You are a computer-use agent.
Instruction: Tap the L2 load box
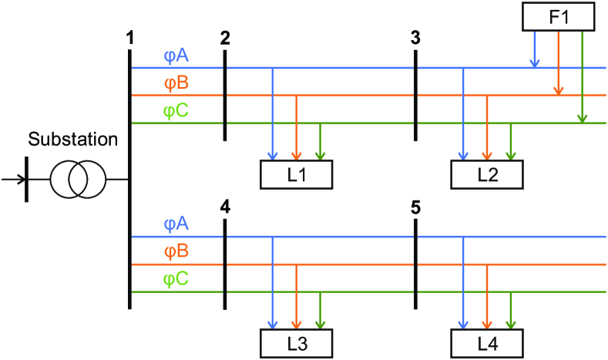pos(487,174)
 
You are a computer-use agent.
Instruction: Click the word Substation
pos(73,140)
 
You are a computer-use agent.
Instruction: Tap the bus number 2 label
pos(224,37)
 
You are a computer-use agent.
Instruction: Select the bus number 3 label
pos(415,37)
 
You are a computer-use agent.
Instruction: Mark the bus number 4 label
pos(224,206)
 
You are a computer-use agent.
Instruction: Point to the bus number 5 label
pos(415,206)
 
